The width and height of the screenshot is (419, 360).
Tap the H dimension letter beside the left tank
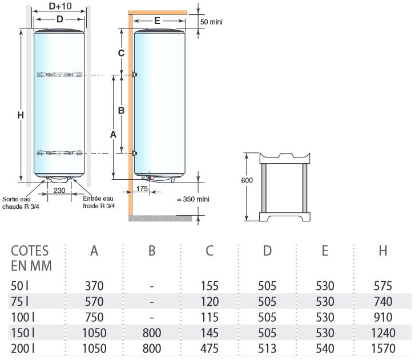pos(20,115)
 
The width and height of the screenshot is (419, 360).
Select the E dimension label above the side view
pos(158,21)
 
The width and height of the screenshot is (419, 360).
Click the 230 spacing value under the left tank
pos(59,190)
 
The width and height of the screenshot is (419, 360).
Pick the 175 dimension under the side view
pos(143,188)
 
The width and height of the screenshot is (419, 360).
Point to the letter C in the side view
pos(121,53)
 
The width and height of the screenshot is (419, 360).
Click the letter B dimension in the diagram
pos(121,111)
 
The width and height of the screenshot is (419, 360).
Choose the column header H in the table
pos(383,250)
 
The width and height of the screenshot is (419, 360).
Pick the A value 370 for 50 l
pos(94,285)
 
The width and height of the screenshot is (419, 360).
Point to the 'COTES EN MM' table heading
pos(30,258)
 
